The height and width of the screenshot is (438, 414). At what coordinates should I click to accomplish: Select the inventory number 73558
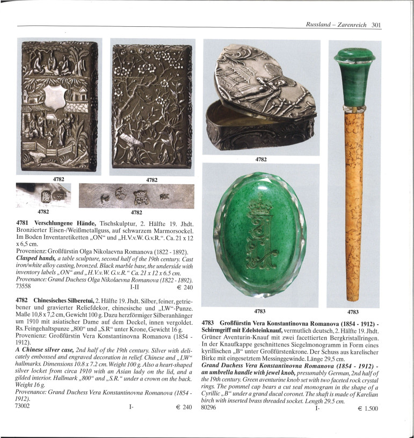point(26,287)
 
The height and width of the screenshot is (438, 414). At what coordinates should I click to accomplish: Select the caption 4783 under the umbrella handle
point(353,311)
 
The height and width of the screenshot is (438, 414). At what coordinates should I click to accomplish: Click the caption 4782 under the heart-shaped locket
point(260,159)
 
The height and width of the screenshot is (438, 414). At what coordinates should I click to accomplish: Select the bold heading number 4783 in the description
point(209,323)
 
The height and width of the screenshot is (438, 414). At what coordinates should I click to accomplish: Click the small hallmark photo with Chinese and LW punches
point(43,195)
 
